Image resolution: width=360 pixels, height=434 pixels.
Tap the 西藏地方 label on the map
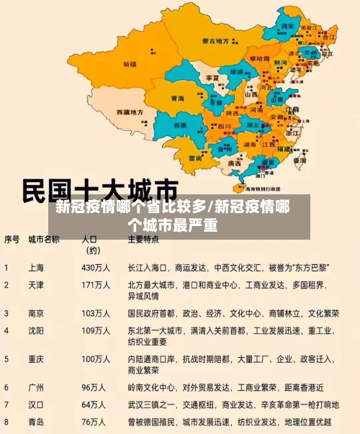131,113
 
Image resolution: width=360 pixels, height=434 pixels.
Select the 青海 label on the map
177,98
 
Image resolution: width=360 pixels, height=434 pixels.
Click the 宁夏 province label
212,77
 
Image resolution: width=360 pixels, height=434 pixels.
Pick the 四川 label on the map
224,127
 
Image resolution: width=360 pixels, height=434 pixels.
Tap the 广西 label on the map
235,163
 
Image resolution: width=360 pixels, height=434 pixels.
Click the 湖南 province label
251,144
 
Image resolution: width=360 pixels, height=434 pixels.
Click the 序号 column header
12,239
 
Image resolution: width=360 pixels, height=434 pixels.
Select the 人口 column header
89,239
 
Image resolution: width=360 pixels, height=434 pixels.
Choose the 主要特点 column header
143,239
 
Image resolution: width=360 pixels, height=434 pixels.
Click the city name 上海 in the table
36,267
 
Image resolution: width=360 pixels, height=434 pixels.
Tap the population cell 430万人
96,267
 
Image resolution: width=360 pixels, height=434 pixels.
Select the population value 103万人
96,314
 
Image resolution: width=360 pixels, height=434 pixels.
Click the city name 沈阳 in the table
36,330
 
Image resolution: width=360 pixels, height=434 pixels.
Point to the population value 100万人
96,358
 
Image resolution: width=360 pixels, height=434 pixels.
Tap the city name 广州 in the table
36,386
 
